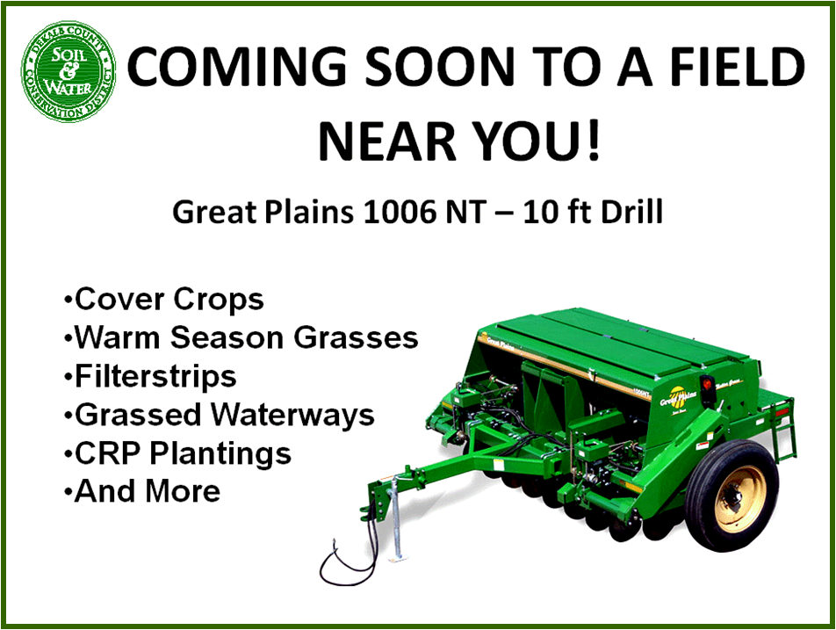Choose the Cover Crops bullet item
[163, 300]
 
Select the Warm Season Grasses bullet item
[241, 337]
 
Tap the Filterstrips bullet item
[150, 377]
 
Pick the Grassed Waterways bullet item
[220, 415]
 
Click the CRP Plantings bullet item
[177, 454]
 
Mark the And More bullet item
[142, 491]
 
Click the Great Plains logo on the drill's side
[678, 397]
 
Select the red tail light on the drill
[708, 384]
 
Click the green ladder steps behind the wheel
[784, 435]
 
